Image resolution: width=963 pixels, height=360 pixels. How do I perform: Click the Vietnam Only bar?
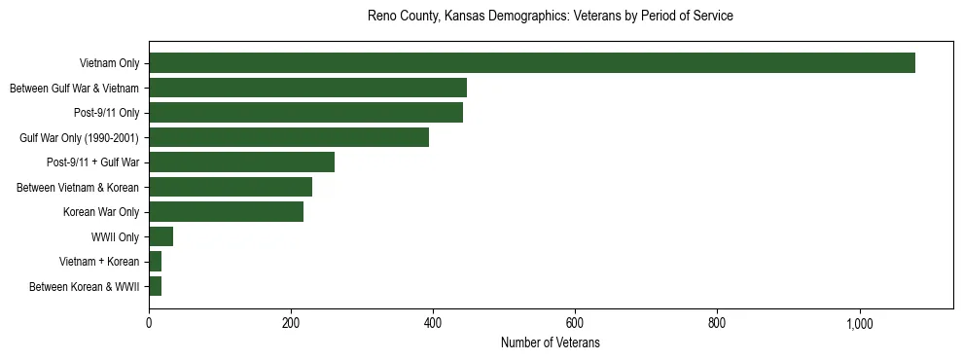click(x=531, y=63)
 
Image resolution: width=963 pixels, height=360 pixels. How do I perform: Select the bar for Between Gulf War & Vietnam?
click(x=307, y=88)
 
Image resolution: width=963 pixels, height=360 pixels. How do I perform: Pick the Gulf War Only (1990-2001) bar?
click(x=289, y=137)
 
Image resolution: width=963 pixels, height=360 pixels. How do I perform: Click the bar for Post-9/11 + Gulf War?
click(x=241, y=162)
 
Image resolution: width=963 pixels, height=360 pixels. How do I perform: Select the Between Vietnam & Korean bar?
click(x=231, y=187)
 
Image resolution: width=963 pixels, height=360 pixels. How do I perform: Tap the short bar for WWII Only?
click(x=160, y=236)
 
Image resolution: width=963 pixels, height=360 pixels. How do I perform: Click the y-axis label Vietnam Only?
click(x=109, y=64)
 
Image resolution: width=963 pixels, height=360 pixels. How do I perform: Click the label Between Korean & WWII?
click(x=85, y=287)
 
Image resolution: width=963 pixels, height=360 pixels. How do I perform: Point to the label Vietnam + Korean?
click(x=99, y=262)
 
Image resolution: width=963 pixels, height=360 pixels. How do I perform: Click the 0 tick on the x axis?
click(x=149, y=323)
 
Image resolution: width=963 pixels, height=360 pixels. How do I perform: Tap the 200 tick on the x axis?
click(x=291, y=323)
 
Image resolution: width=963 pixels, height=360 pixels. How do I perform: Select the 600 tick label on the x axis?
click(x=575, y=323)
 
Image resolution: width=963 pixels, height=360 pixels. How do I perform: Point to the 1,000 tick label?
click(x=859, y=323)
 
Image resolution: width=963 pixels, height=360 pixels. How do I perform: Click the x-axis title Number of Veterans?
click(x=550, y=343)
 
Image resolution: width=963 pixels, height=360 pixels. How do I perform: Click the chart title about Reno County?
click(x=550, y=17)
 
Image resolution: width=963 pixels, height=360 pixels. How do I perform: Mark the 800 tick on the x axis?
click(x=717, y=323)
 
